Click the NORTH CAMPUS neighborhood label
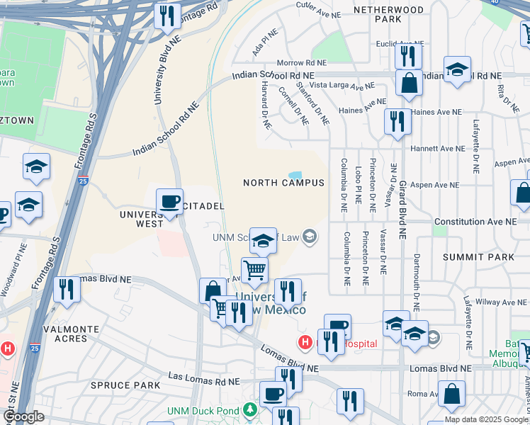283,183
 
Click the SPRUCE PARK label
120,385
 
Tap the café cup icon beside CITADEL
170,202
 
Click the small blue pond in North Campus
295,175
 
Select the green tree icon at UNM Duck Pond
249,410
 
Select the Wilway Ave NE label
497,301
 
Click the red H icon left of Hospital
305,344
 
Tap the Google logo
23,416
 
